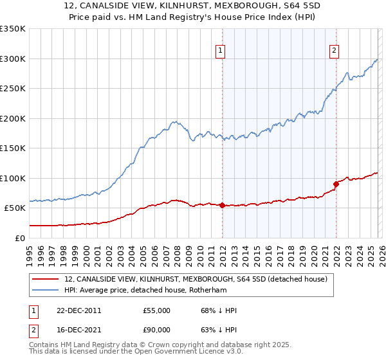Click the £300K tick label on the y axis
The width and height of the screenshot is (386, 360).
pyautogui.click(x=13, y=59)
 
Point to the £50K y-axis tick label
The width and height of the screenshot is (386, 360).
pyautogui.click(x=15, y=208)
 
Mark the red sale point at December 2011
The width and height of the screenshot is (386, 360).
pyautogui.click(x=222, y=206)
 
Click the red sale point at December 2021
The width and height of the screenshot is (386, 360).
pyautogui.click(x=336, y=184)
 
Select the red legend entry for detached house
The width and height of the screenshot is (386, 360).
pyautogui.click(x=196, y=279)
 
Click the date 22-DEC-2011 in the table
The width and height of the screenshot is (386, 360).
pyautogui.click(x=78, y=310)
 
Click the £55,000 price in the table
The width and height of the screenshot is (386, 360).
pyautogui.click(x=156, y=310)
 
